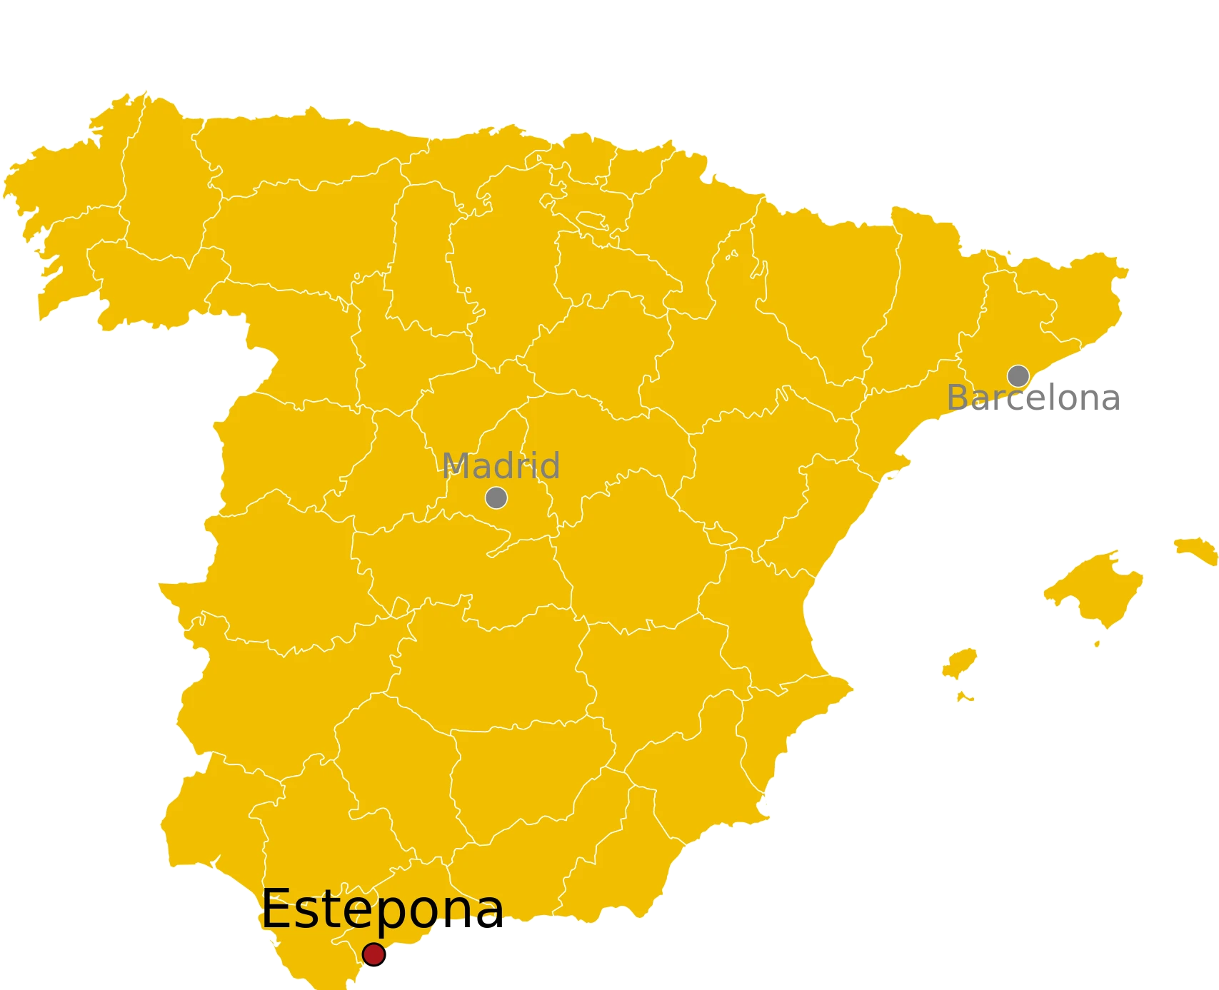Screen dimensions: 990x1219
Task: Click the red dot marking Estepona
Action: [373, 954]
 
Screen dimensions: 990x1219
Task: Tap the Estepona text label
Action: [382, 909]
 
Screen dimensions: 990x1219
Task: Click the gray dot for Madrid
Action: [496, 497]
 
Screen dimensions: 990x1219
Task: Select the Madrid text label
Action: [501, 466]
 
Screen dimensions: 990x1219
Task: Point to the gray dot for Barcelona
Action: [1018, 375]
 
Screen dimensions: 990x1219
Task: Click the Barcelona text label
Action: [1032, 398]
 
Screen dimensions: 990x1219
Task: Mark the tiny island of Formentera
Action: [965, 696]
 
